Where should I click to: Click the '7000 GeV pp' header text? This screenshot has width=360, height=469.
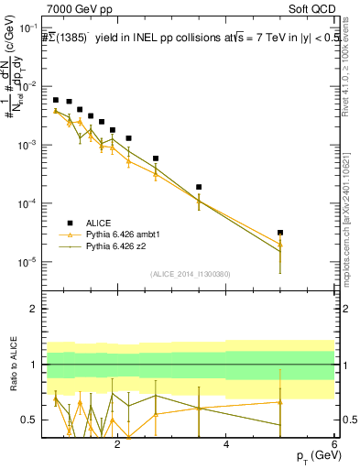pos(76,7)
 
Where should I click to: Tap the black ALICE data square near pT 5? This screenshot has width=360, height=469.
pos(280,233)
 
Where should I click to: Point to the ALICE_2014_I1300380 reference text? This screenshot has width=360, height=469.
pos(190,273)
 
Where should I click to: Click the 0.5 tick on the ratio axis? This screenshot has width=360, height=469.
pos(28,420)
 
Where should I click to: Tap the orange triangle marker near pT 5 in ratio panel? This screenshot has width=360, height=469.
pos(280,402)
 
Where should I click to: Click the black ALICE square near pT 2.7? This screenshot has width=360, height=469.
pos(156,158)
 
